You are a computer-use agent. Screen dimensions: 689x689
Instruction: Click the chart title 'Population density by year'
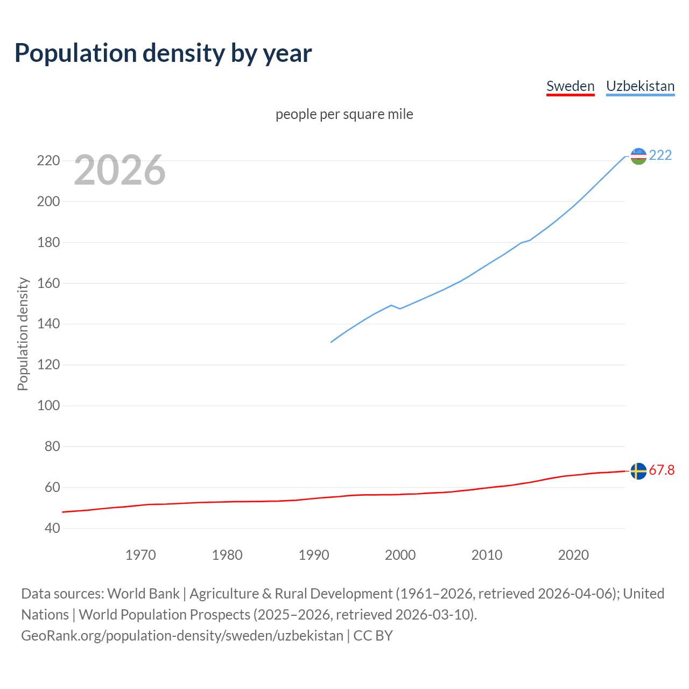pos(163,53)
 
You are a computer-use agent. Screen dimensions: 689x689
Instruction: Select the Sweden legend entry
pos(570,86)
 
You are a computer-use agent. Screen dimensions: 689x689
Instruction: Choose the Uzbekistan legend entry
pos(640,86)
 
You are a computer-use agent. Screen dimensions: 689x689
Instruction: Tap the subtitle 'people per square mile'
pos(344,114)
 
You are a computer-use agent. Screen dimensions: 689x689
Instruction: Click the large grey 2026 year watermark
pos(119,170)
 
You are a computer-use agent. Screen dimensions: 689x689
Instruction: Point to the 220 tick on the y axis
pos(48,160)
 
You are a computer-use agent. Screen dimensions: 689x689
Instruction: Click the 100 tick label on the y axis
pos(48,405)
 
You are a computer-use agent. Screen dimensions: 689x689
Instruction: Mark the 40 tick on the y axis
pos(52,528)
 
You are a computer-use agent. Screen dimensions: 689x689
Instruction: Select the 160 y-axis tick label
pos(48,283)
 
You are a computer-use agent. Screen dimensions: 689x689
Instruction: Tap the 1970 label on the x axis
pos(140,555)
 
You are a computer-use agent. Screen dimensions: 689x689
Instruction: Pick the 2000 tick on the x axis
pos(400,555)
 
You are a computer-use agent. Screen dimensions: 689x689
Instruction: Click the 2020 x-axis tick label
pos(573,555)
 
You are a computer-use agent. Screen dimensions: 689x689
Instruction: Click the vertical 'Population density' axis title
pos(23,334)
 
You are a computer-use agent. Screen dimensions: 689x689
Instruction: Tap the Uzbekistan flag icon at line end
pos(638,156)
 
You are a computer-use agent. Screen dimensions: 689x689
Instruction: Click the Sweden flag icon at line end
pos(638,471)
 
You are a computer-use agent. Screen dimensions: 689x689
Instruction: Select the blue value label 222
pos(660,155)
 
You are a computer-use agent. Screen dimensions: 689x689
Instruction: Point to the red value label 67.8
pos(662,470)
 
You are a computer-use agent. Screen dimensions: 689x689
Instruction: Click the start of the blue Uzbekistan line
pos(332,342)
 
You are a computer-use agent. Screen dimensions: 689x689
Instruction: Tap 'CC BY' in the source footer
pos(373,635)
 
